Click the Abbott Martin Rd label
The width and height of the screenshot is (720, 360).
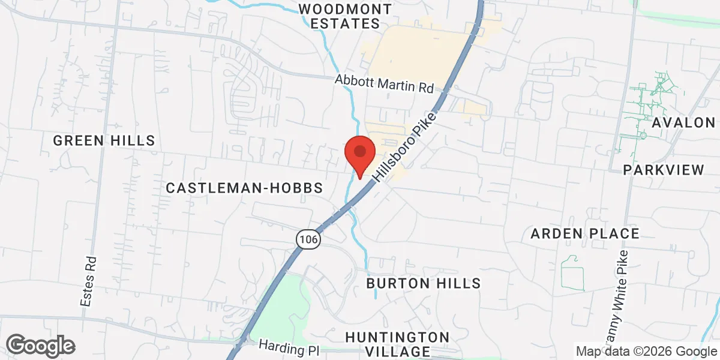tap(384, 83)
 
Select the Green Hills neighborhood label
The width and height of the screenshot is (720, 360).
tap(104, 140)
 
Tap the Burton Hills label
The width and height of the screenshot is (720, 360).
tap(424, 283)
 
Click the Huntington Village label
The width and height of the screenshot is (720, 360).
tap(397, 344)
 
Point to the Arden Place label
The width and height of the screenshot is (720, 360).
tap(585, 233)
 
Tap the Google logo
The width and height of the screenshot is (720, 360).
tap(40, 346)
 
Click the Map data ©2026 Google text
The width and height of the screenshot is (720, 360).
tap(647, 352)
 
